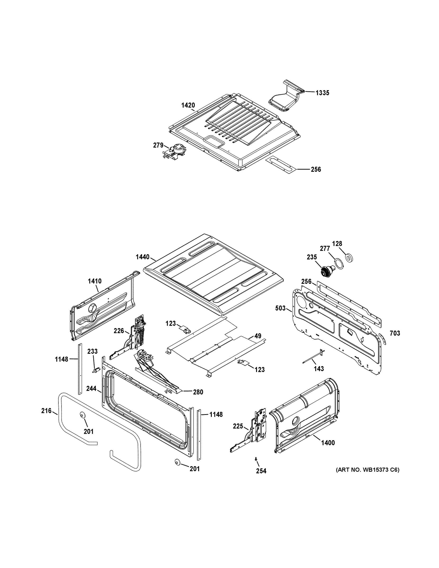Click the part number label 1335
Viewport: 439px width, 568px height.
322,93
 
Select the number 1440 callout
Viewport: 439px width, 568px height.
142,257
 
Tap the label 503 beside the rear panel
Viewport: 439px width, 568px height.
280,308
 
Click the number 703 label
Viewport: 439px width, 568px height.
395,333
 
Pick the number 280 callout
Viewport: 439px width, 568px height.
198,392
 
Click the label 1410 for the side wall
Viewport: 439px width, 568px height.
95,281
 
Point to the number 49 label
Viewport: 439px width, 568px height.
258,336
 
